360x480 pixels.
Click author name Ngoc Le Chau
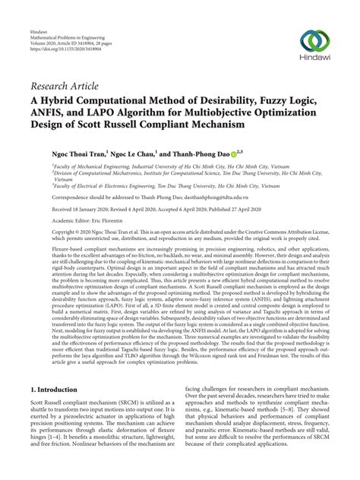coord(138,152)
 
